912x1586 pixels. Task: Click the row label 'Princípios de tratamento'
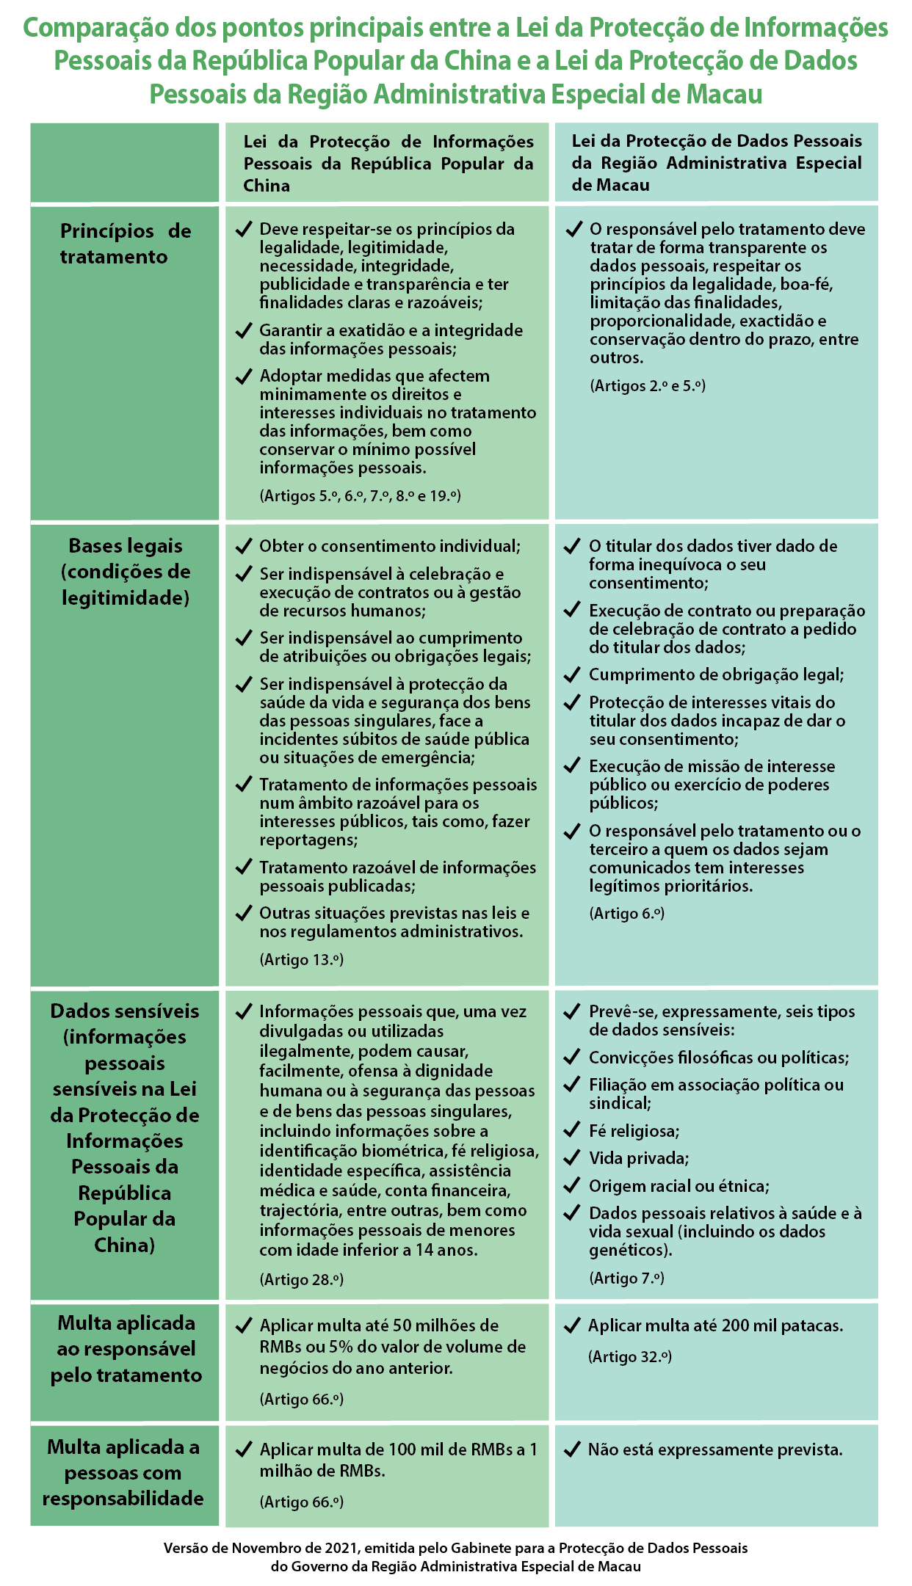click(x=125, y=244)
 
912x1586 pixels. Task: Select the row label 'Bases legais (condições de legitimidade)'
click(x=125, y=572)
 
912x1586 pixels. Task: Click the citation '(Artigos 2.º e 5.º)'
click(x=648, y=385)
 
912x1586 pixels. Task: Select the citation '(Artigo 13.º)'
click(x=302, y=959)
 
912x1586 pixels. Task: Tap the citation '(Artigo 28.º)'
click(x=302, y=1279)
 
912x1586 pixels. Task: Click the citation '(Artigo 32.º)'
click(x=630, y=1356)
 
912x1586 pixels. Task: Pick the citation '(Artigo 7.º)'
click(x=626, y=1278)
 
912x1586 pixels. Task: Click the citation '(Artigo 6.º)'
click(x=626, y=913)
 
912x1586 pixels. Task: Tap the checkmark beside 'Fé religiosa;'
click(x=572, y=1130)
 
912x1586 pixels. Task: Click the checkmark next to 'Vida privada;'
click(x=572, y=1157)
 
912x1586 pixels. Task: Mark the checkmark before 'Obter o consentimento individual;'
click(x=244, y=546)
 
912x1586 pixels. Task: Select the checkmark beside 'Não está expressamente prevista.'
click(x=572, y=1449)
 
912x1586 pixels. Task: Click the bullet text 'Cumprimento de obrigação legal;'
click(x=716, y=674)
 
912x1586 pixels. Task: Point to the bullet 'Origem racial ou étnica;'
click(x=678, y=1186)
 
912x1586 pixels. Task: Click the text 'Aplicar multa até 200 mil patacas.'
click(x=715, y=1325)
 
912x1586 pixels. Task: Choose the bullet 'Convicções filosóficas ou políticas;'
click(x=718, y=1058)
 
